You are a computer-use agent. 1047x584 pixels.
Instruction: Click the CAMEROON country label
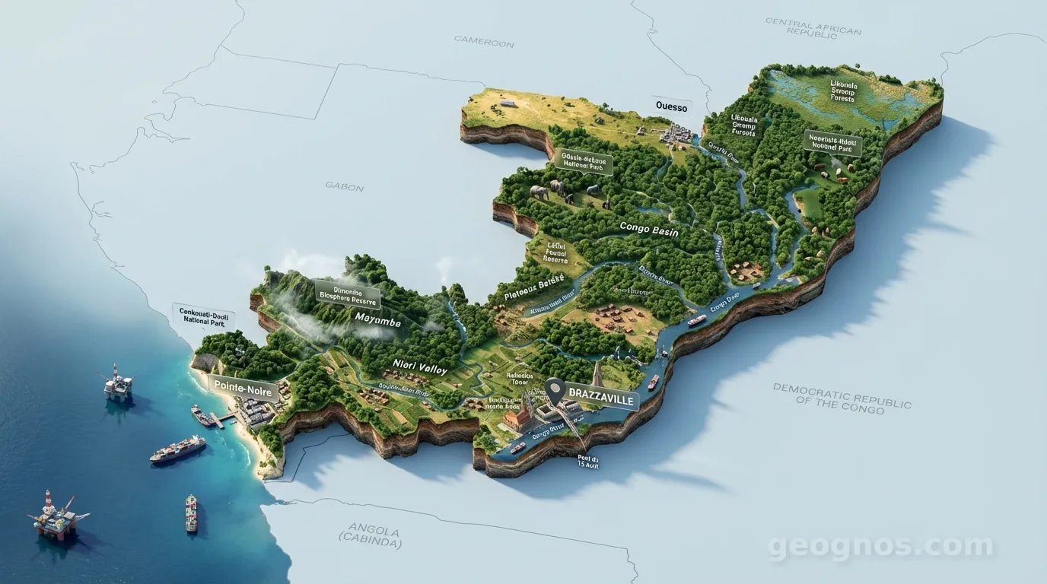(x=484, y=41)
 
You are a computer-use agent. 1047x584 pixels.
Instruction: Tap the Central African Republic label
(x=813, y=27)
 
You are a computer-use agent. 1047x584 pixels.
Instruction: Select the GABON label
(x=344, y=186)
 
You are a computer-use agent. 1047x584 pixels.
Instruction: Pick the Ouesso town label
(x=671, y=107)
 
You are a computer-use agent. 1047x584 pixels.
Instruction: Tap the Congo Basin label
(x=648, y=227)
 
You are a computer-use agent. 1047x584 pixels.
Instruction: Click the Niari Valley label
(x=421, y=367)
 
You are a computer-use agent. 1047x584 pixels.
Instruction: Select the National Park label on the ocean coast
(x=205, y=315)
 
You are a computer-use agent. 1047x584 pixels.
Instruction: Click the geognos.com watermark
(x=880, y=546)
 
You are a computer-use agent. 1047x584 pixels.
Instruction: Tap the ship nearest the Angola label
(x=191, y=513)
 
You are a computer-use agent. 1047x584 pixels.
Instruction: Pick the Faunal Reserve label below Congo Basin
(x=556, y=252)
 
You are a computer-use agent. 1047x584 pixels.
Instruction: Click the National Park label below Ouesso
(x=584, y=161)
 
